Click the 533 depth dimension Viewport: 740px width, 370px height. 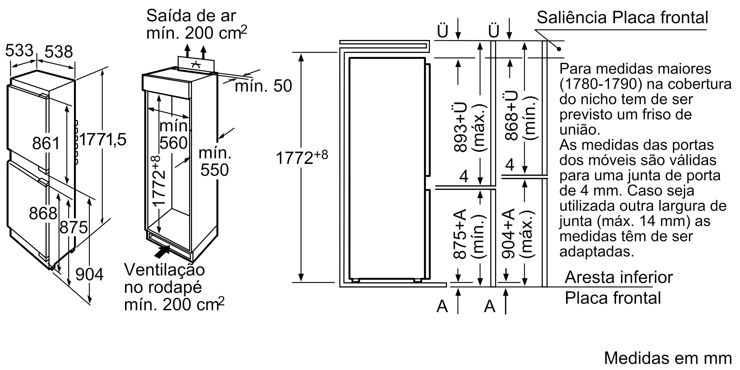(x=19, y=50)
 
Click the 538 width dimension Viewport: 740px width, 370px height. (x=58, y=52)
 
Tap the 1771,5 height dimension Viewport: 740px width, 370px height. (x=103, y=140)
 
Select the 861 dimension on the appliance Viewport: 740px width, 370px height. (x=46, y=143)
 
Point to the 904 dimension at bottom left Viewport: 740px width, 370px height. (x=89, y=275)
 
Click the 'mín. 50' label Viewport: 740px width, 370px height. (x=263, y=86)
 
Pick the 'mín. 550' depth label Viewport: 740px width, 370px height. (x=215, y=162)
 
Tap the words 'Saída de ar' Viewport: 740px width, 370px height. (x=191, y=16)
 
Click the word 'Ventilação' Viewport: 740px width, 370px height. (x=164, y=269)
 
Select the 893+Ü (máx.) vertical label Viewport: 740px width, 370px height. (x=469, y=127)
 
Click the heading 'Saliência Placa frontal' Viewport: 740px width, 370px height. (x=622, y=17)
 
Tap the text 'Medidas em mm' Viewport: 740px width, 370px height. (x=668, y=358)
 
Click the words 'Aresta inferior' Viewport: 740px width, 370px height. (x=619, y=277)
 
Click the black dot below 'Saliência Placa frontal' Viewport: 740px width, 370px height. (x=559, y=49)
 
